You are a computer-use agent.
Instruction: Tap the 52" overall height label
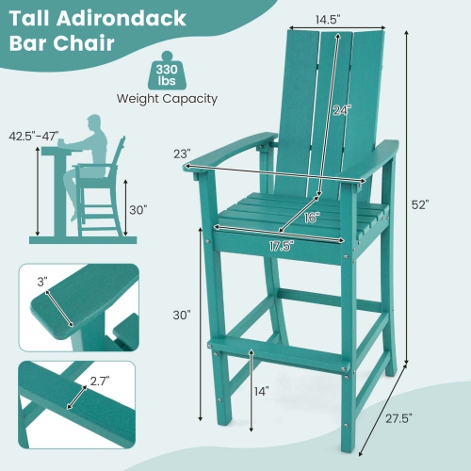[419, 204]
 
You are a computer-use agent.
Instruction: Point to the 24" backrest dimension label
[340, 110]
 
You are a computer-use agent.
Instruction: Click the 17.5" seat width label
[276, 246]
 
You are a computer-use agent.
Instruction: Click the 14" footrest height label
[261, 390]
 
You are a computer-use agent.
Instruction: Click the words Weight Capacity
[167, 98]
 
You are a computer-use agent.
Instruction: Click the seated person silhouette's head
[94, 122]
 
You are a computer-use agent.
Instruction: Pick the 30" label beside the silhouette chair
[139, 210]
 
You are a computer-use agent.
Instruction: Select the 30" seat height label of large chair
[182, 314]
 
